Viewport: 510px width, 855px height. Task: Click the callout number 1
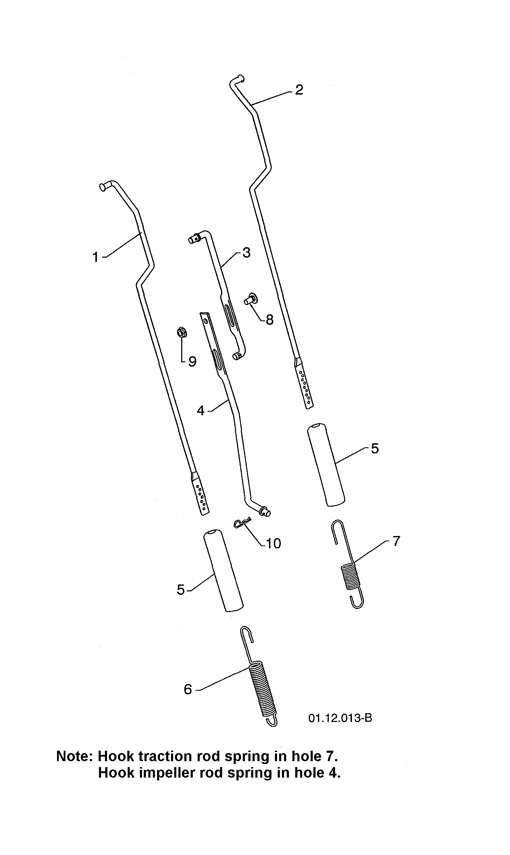tap(95, 257)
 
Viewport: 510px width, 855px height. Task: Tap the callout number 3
tap(246, 253)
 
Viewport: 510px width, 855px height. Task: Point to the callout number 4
tap(200, 410)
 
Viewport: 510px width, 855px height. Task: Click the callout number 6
tap(188, 689)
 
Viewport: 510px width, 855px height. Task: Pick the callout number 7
tap(396, 541)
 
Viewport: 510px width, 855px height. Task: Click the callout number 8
tap(269, 319)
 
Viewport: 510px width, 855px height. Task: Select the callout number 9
tap(192, 361)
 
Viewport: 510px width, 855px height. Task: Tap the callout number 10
tap(273, 543)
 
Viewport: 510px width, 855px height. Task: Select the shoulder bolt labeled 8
tap(251, 299)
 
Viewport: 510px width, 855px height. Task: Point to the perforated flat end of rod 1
tap(200, 494)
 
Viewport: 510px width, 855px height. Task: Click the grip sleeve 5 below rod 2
tap(326, 465)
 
